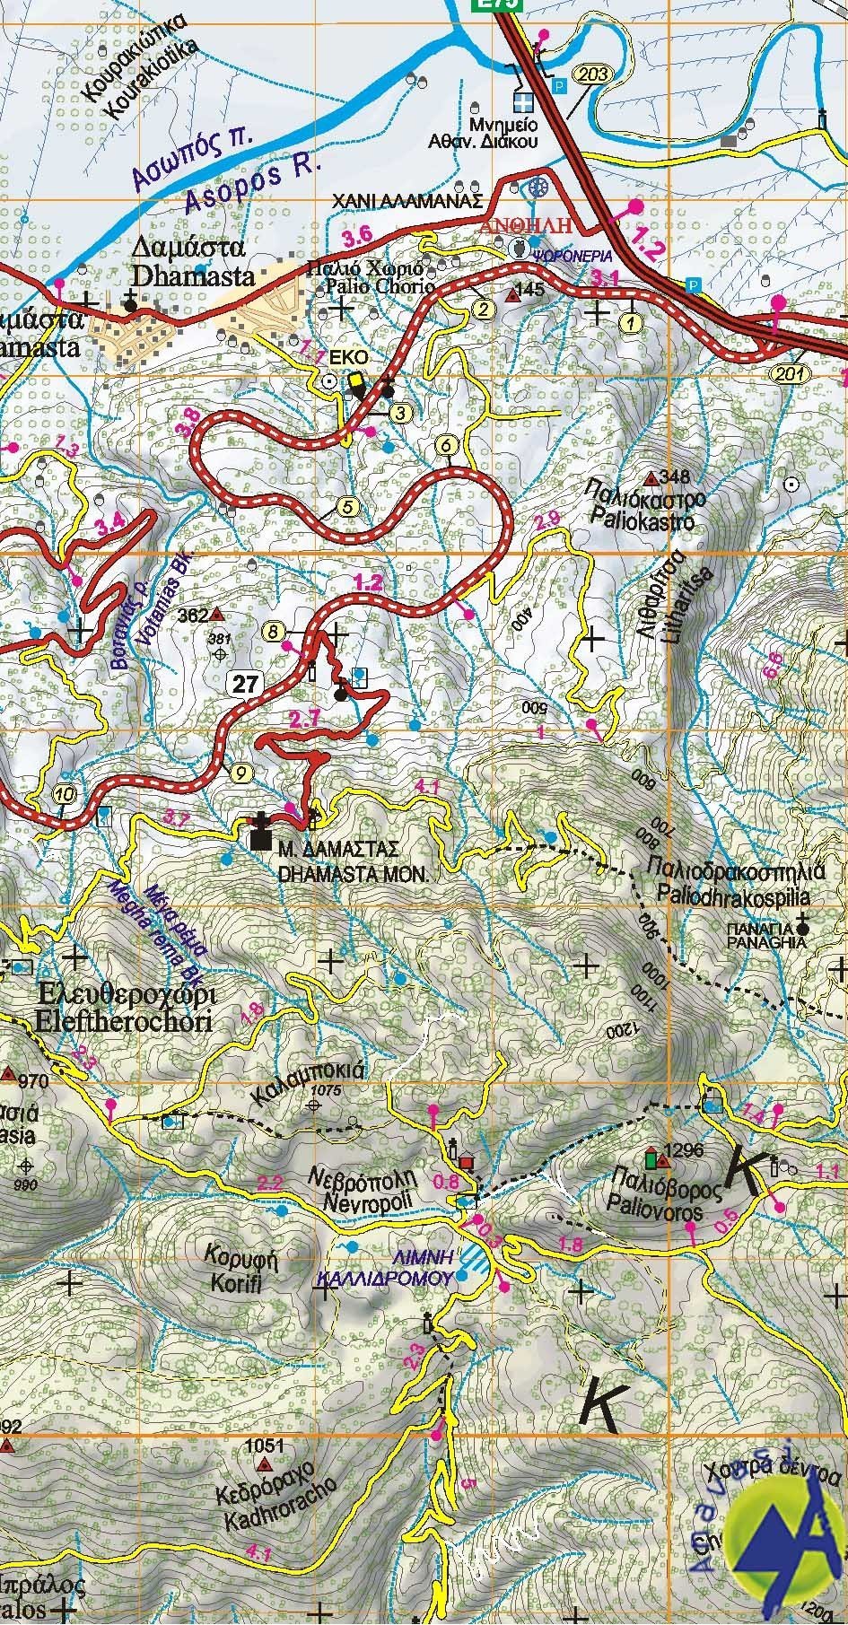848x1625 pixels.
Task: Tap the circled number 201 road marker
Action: [789, 371]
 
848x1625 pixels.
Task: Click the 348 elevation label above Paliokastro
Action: [675, 475]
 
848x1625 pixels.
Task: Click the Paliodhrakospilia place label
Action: [733, 895]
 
